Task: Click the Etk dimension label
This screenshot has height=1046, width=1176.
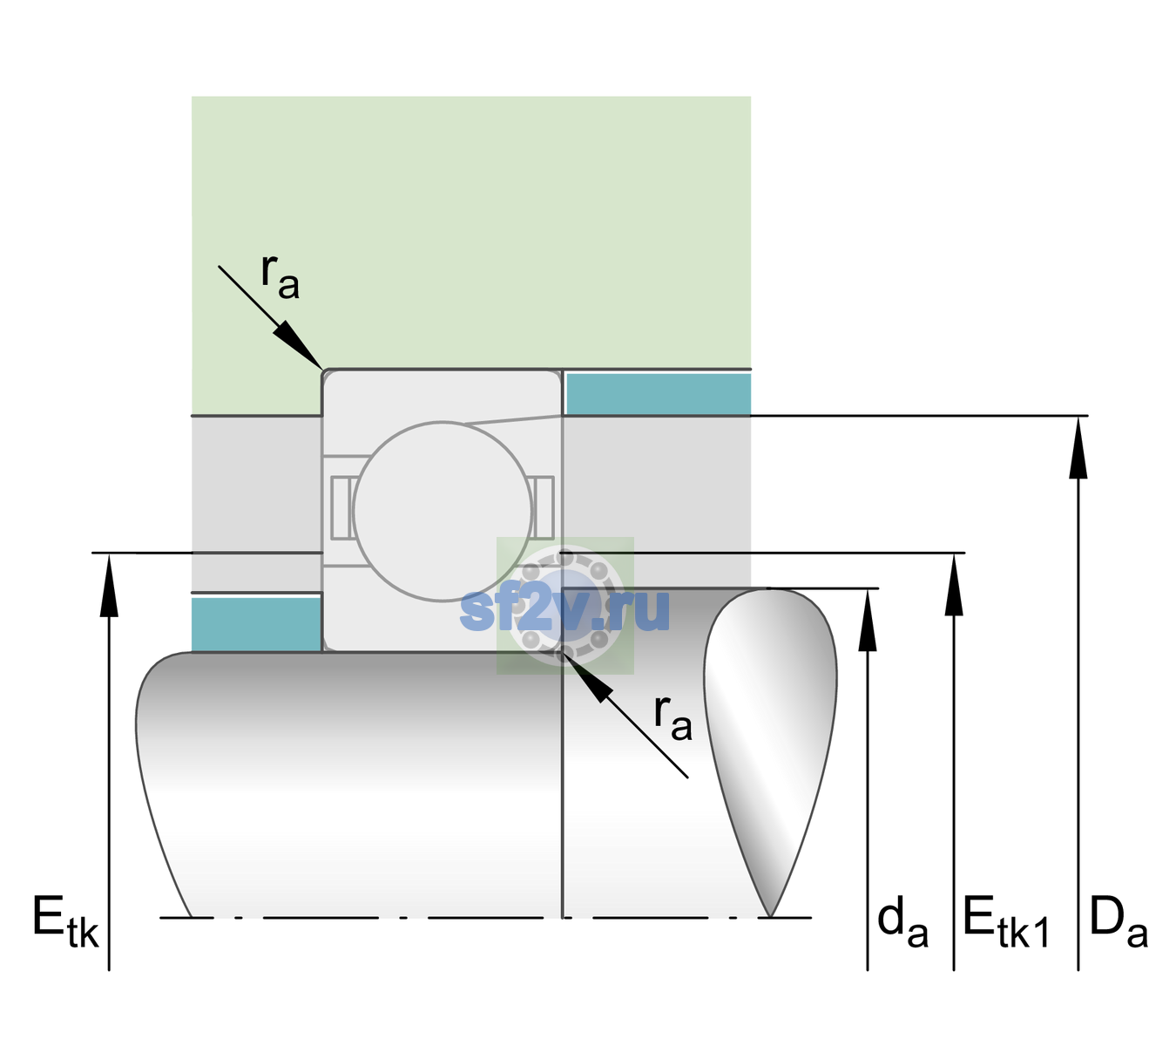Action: tap(65, 920)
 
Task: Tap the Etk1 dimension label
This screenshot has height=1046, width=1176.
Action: tap(1006, 920)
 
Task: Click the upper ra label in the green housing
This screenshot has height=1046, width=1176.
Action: tap(280, 277)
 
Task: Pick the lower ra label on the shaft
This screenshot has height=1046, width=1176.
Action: tap(672, 718)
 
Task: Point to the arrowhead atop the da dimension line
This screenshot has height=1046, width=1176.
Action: tap(868, 620)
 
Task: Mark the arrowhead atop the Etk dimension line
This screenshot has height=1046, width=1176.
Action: tap(109, 586)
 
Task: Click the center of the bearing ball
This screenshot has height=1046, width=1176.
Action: tap(443, 511)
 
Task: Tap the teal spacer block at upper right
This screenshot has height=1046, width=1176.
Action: tap(659, 393)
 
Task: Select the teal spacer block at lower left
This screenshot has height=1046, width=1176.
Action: tap(256, 624)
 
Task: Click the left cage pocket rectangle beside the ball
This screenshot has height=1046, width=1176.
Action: tap(342, 507)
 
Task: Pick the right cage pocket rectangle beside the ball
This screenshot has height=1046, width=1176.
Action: tap(544, 507)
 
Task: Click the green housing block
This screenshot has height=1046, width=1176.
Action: tap(471, 233)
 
